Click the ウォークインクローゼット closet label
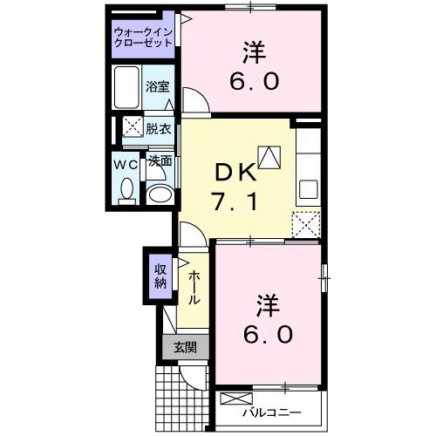coord(144,38)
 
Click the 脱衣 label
coord(159,127)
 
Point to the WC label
coord(122,163)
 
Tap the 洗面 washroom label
coord(159,161)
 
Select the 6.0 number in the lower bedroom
coord(268,334)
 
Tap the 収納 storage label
coord(160,276)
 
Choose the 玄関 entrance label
coord(184,347)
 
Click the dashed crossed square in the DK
coord(306,224)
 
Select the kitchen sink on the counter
coord(309,188)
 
